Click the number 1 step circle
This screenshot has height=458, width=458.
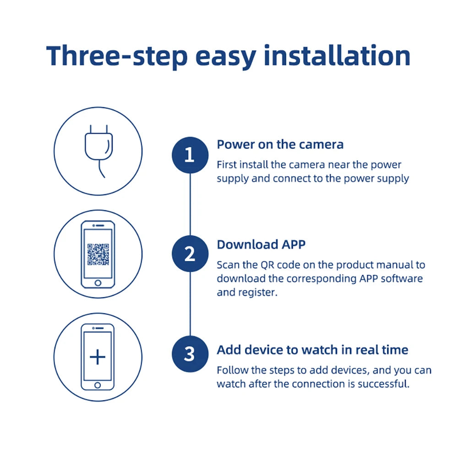(190, 155)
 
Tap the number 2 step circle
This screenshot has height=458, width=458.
(190, 254)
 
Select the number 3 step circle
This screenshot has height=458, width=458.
(190, 354)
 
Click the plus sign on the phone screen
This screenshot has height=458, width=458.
(98, 357)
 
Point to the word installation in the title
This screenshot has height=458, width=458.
(337, 56)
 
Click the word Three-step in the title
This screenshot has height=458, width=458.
(117, 56)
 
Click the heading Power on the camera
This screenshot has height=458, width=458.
(280, 145)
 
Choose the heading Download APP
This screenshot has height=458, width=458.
(261, 245)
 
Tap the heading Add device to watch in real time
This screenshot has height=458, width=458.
(312, 350)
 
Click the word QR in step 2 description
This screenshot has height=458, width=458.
(267, 265)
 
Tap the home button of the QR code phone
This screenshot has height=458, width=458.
(98, 283)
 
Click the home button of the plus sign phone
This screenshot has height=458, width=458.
(98, 385)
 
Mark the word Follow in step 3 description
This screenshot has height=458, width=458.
(231, 370)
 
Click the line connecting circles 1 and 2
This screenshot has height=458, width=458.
(190, 204)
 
